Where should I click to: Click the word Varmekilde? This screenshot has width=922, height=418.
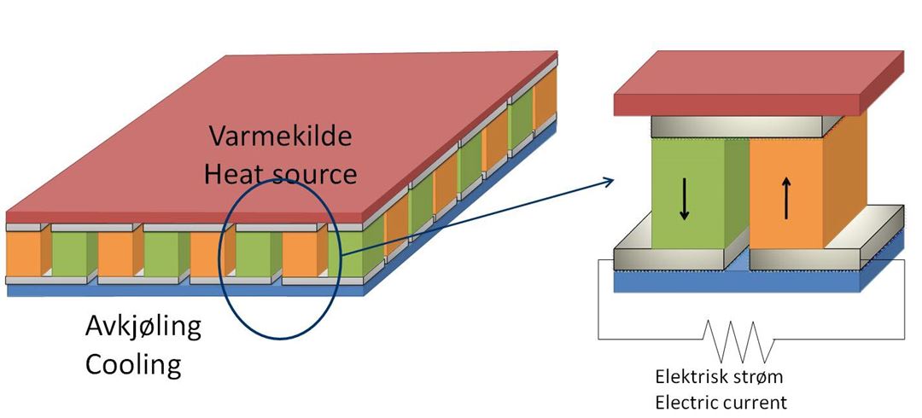[279, 137]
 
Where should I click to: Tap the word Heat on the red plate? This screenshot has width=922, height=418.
[236, 173]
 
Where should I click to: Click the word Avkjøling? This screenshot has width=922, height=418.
[143, 327]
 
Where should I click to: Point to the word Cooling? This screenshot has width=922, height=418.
[133, 364]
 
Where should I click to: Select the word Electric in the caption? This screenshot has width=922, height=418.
[686, 401]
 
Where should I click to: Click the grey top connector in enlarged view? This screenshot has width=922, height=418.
[734, 128]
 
